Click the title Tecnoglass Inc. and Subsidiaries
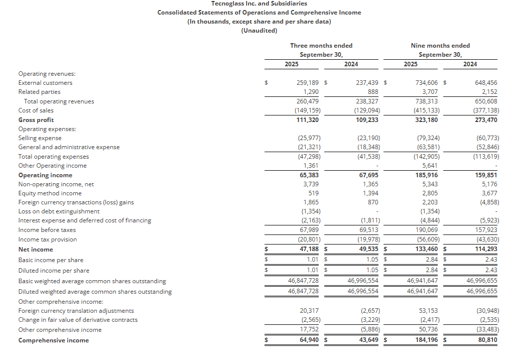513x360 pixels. (259, 4)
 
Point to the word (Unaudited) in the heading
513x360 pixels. (259, 30)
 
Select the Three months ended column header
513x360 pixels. (321, 46)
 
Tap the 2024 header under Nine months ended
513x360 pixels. (470, 64)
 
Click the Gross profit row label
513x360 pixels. (36, 120)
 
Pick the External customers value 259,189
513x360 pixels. (308, 83)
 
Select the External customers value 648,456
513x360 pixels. (485, 83)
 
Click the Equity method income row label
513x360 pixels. (50, 193)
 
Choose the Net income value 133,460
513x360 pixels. (425, 250)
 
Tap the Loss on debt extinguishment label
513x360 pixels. (59, 211)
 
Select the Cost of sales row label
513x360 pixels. (36, 110)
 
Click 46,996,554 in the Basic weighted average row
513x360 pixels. (363, 281)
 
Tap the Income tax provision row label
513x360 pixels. (48, 239)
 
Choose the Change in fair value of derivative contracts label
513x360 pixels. (78, 320)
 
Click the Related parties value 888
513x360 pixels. (372, 92)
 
